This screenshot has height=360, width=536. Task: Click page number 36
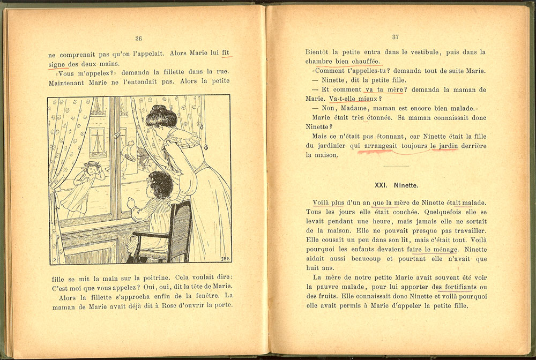138,38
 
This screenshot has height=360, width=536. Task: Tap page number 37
396,37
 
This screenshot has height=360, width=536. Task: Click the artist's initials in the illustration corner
223,258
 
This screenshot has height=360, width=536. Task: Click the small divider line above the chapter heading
396,167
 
